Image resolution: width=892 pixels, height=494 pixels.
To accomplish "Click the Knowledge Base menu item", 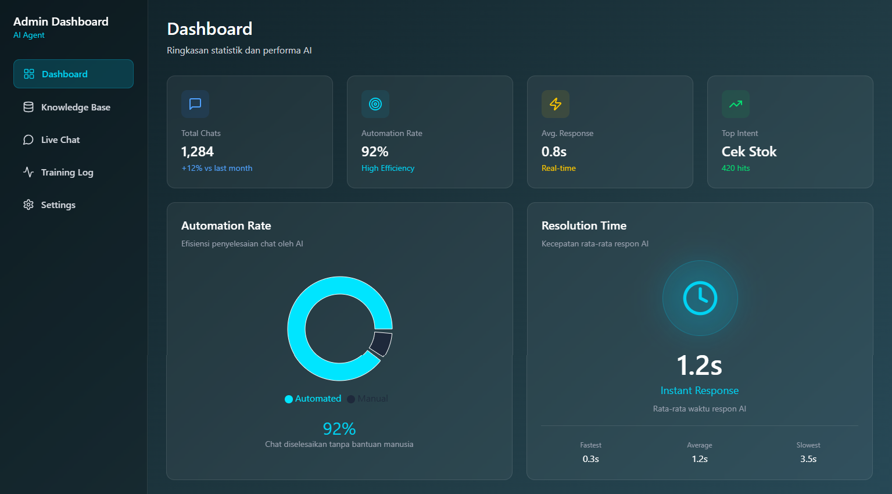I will pyautogui.click(x=75, y=108).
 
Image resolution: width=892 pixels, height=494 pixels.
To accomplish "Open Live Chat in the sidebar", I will pyautogui.click(x=60, y=140).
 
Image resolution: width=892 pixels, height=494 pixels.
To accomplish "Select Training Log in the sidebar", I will pyautogui.click(x=66, y=173).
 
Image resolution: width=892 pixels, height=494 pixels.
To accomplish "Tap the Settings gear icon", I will pyautogui.click(x=28, y=205).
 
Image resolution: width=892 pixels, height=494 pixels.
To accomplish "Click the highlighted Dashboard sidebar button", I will pyautogui.click(x=73, y=74).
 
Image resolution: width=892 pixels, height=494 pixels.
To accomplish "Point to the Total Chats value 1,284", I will pyautogui.click(x=198, y=152).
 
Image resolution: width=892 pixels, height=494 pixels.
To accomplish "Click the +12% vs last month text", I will pyautogui.click(x=217, y=168).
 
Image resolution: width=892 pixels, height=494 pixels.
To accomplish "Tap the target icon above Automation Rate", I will pyautogui.click(x=375, y=104).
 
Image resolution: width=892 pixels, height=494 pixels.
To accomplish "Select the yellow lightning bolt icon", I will pyautogui.click(x=556, y=104).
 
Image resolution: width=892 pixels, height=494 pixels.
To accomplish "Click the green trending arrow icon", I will pyautogui.click(x=736, y=104).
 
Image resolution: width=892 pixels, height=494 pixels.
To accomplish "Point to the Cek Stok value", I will pyautogui.click(x=749, y=152).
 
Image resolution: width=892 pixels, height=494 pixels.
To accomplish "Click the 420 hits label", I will pyautogui.click(x=736, y=168).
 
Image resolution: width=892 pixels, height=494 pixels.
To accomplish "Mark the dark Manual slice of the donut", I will pyautogui.click(x=381, y=343).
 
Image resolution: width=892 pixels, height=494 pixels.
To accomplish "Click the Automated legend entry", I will pyautogui.click(x=313, y=399).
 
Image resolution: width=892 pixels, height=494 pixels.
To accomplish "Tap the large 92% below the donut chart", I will pyautogui.click(x=339, y=429).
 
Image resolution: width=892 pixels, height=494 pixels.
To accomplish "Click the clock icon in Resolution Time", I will pyautogui.click(x=700, y=298).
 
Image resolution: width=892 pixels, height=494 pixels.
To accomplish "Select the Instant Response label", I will pyautogui.click(x=700, y=391).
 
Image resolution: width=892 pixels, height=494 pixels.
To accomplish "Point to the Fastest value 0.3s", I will pyautogui.click(x=591, y=459).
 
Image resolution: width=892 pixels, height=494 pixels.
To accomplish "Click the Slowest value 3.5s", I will pyautogui.click(x=808, y=459).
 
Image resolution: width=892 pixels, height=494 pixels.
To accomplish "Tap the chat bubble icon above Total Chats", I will pyautogui.click(x=195, y=104).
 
